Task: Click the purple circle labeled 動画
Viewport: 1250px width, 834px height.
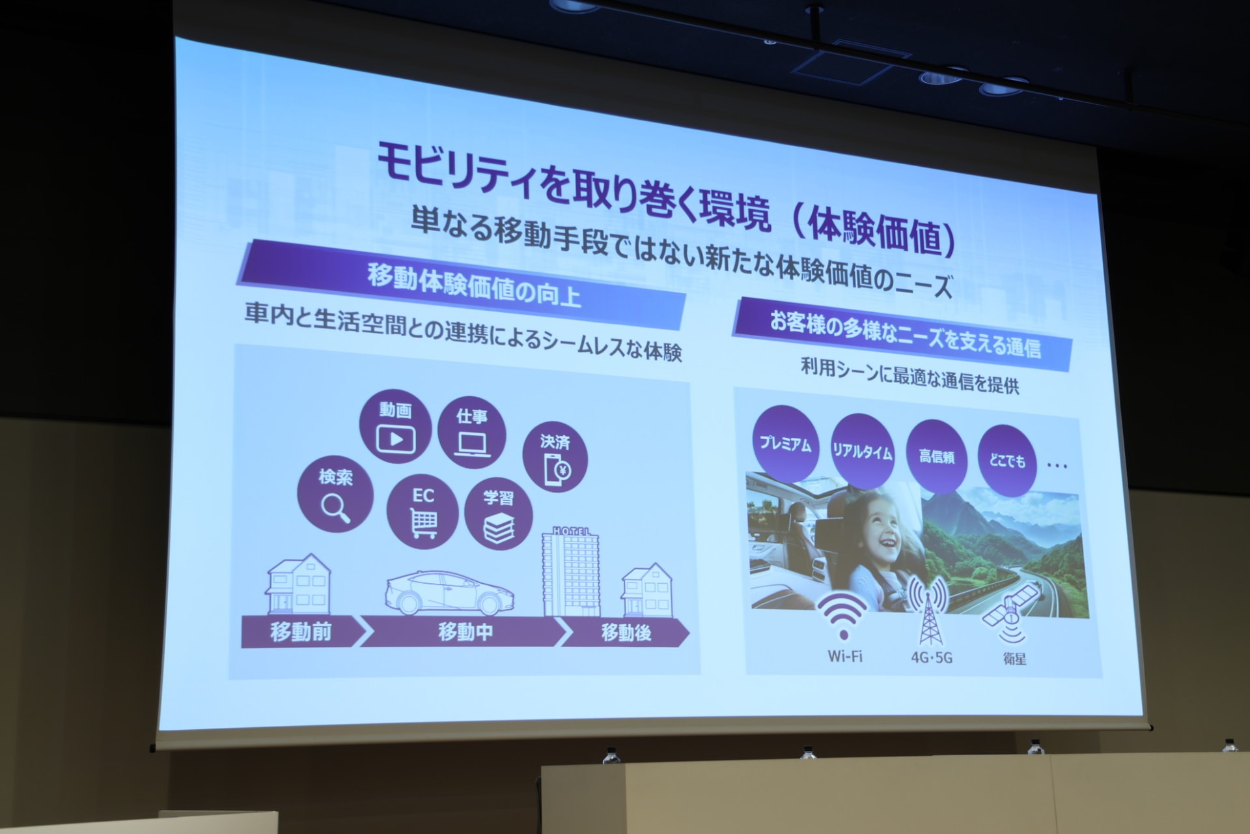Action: click(395, 427)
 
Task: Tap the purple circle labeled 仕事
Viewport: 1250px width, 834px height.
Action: click(472, 432)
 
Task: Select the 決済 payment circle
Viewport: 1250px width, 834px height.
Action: click(555, 458)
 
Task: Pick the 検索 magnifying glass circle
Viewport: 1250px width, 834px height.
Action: click(335, 494)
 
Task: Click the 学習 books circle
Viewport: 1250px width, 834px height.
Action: click(499, 515)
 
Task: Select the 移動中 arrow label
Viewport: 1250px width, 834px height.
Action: click(464, 631)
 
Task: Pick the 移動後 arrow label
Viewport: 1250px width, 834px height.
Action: click(626, 633)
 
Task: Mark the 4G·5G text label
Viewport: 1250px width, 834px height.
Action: click(931, 657)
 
